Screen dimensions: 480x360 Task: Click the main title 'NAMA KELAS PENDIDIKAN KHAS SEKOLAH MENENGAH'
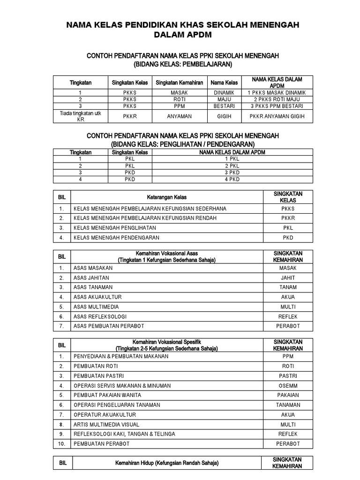click(183, 25)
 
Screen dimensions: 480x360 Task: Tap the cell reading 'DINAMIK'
click(224, 93)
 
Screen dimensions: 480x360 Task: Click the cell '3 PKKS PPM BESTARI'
click(277, 106)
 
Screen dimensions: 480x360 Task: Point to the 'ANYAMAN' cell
click(180, 116)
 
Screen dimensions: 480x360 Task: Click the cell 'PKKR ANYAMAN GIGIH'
click(277, 116)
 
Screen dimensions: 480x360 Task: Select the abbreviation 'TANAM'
click(288, 287)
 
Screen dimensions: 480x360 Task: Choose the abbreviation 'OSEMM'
click(288, 385)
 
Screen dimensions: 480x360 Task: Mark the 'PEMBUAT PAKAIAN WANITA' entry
click(107, 395)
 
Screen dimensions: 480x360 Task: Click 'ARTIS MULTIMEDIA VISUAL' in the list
click(106, 424)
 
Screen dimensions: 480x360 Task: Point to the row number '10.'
click(61, 443)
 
